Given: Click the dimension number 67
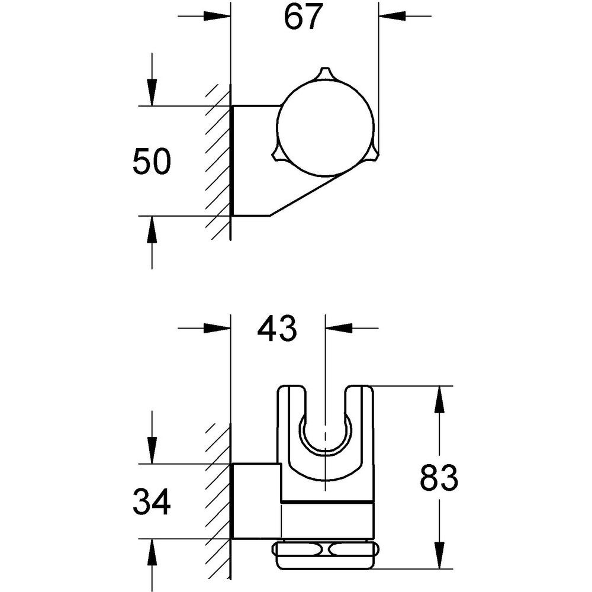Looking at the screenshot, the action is point(304,17).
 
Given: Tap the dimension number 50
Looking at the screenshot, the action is point(152,161).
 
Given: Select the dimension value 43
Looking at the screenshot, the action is point(276,328).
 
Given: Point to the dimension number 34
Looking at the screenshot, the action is point(152,501).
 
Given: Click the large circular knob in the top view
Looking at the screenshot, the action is point(325,128).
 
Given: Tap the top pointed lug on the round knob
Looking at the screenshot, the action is point(324,73).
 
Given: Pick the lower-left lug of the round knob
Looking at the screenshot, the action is point(277,155).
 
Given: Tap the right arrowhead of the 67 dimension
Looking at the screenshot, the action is point(392,16).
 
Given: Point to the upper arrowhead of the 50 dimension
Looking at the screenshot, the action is point(152,92).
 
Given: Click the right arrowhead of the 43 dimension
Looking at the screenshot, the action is point(339,328).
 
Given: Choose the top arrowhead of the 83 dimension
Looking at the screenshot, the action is point(439,400).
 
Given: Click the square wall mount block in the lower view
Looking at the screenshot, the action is point(256,500).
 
